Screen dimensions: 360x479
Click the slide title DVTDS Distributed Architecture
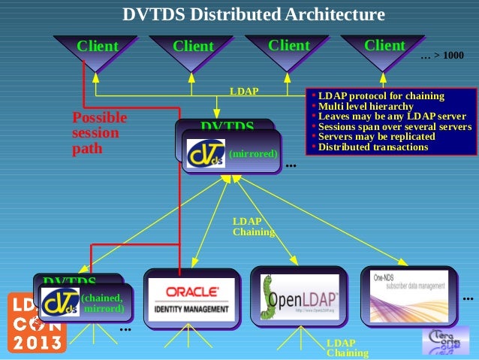click(x=254, y=14)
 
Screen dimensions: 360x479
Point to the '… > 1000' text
click(x=442, y=56)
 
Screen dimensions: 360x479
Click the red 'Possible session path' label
click(x=99, y=133)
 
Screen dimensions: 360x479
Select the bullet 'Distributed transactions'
click(x=372, y=147)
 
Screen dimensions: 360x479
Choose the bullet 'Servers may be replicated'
click(x=376, y=137)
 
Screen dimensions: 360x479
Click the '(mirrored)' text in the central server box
click(x=253, y=153)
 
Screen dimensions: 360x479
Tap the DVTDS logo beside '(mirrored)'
click(x=206, y=153)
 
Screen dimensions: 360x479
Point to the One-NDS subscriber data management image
click(x=409, y=297)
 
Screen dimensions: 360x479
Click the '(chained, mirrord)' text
click(x=101, y=303)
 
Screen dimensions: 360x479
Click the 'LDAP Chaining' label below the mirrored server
click(x=248, y=226)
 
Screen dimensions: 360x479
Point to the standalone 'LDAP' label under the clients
click(x=244, y=91)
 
